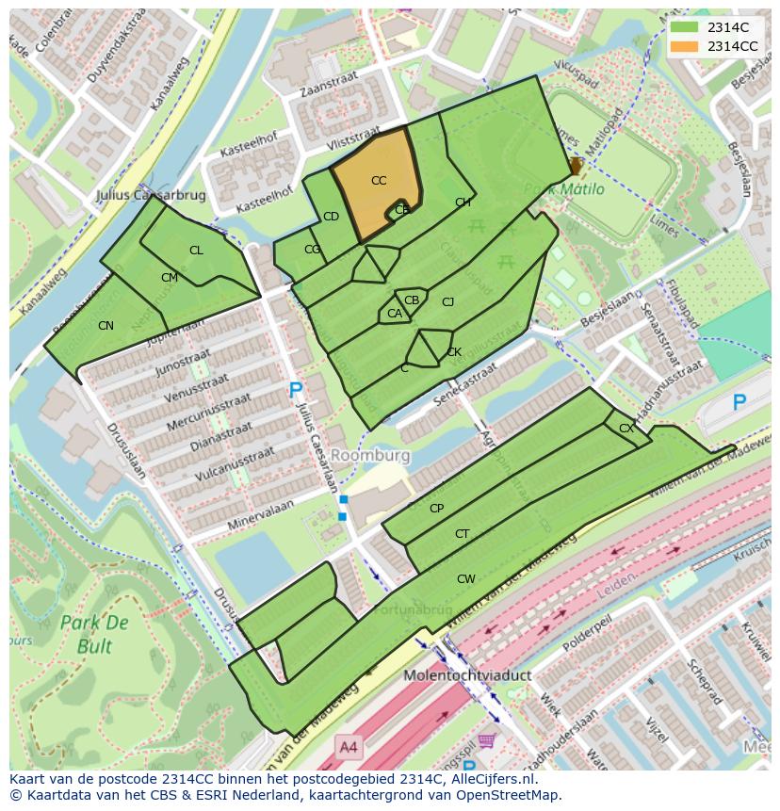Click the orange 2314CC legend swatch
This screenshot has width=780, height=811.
tap(685, 46)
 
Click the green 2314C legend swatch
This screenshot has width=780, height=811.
tap(685, 27)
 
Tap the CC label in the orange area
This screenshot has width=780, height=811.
tap(379, 181)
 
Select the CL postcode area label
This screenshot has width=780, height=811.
tap(196, 251)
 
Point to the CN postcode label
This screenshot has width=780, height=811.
tap(106, 326)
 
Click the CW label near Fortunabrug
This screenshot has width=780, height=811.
tap(465, 579)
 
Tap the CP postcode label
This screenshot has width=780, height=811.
tap(436, 509)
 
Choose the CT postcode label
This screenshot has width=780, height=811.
tap(462, 534)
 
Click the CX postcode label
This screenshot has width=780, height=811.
tap(626, 429)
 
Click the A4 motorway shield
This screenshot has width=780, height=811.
tap(349, 747)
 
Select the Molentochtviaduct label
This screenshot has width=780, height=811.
tap(468, 675)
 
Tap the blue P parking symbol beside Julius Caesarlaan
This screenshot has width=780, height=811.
tap(296, 390)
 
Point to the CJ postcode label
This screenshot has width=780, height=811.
tap(448, 302)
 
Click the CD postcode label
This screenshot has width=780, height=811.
tap(331, 217)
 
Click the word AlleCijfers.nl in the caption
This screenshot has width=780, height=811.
tap(491, 779)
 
